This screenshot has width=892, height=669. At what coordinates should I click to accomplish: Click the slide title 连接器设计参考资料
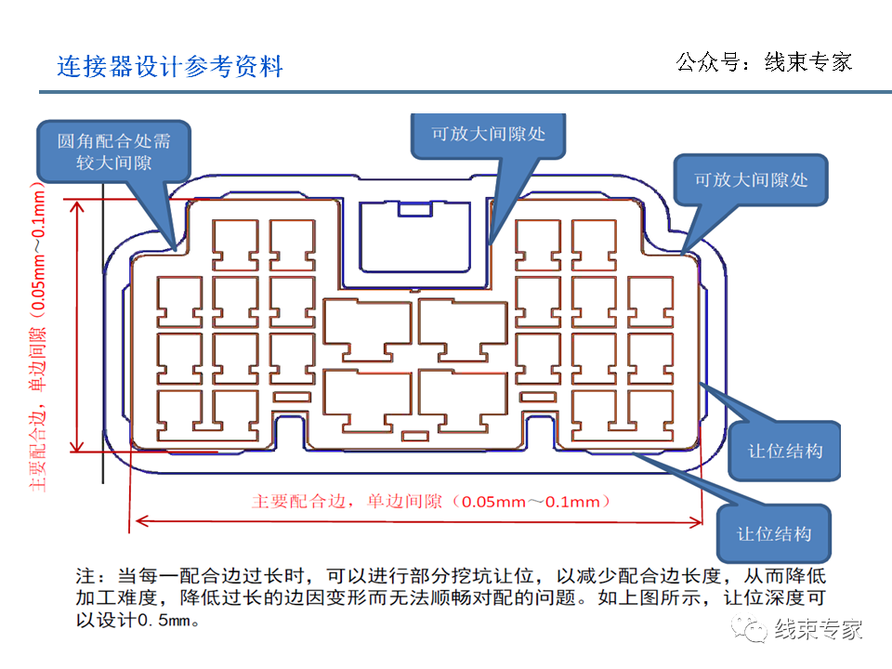point(170,67)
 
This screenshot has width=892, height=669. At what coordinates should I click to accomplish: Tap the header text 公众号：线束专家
point(764,62)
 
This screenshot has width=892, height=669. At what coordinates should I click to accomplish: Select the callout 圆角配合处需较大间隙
point(114,151)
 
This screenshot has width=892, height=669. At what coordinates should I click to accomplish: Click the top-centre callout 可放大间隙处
point(488,134)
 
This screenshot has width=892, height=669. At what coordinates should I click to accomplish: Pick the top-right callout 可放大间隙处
point(752,179)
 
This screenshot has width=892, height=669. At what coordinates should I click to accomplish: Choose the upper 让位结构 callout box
point(785,451)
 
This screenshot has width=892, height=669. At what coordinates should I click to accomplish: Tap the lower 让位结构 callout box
point(774,533)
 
